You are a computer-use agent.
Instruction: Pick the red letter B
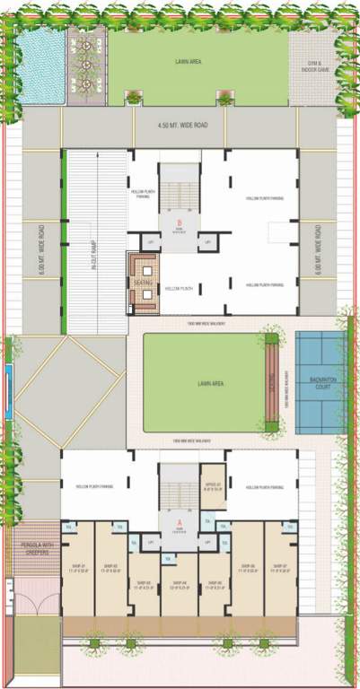180,222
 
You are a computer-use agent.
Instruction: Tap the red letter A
180,521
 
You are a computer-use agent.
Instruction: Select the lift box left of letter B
153,241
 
